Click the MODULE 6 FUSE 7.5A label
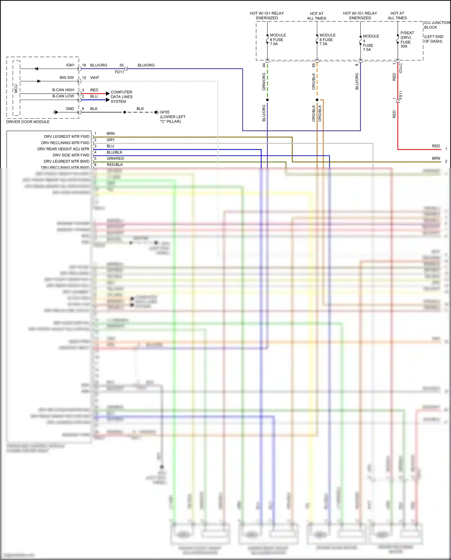(x=278, y=39)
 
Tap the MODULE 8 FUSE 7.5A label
(x=327, y=39)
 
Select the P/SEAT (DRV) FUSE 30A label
(x=407, y=39)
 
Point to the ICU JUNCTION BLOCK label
(x=437, y=25)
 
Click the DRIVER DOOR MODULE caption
(x=28, y=122)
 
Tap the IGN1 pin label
(x=70, y=65)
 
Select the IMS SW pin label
(x=66, y=78)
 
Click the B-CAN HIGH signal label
(x=63, y=90)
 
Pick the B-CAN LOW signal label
(x=63, y=96)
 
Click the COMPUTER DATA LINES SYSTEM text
(x=121, y=97)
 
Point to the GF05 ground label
(x=165, y=112)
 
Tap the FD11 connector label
(x=119, y=72)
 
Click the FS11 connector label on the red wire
(x=401, y=95)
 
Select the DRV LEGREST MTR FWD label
(x=66, y=137)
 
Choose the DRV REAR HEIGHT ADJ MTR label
(x=63, y=149)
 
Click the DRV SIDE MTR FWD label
(x=71, y=155)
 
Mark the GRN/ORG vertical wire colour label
(x=264, y=82)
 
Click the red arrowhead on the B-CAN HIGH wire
(x=108, y=94)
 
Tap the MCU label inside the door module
(x=16, y=88)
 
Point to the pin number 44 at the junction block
(x=264, y=65)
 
